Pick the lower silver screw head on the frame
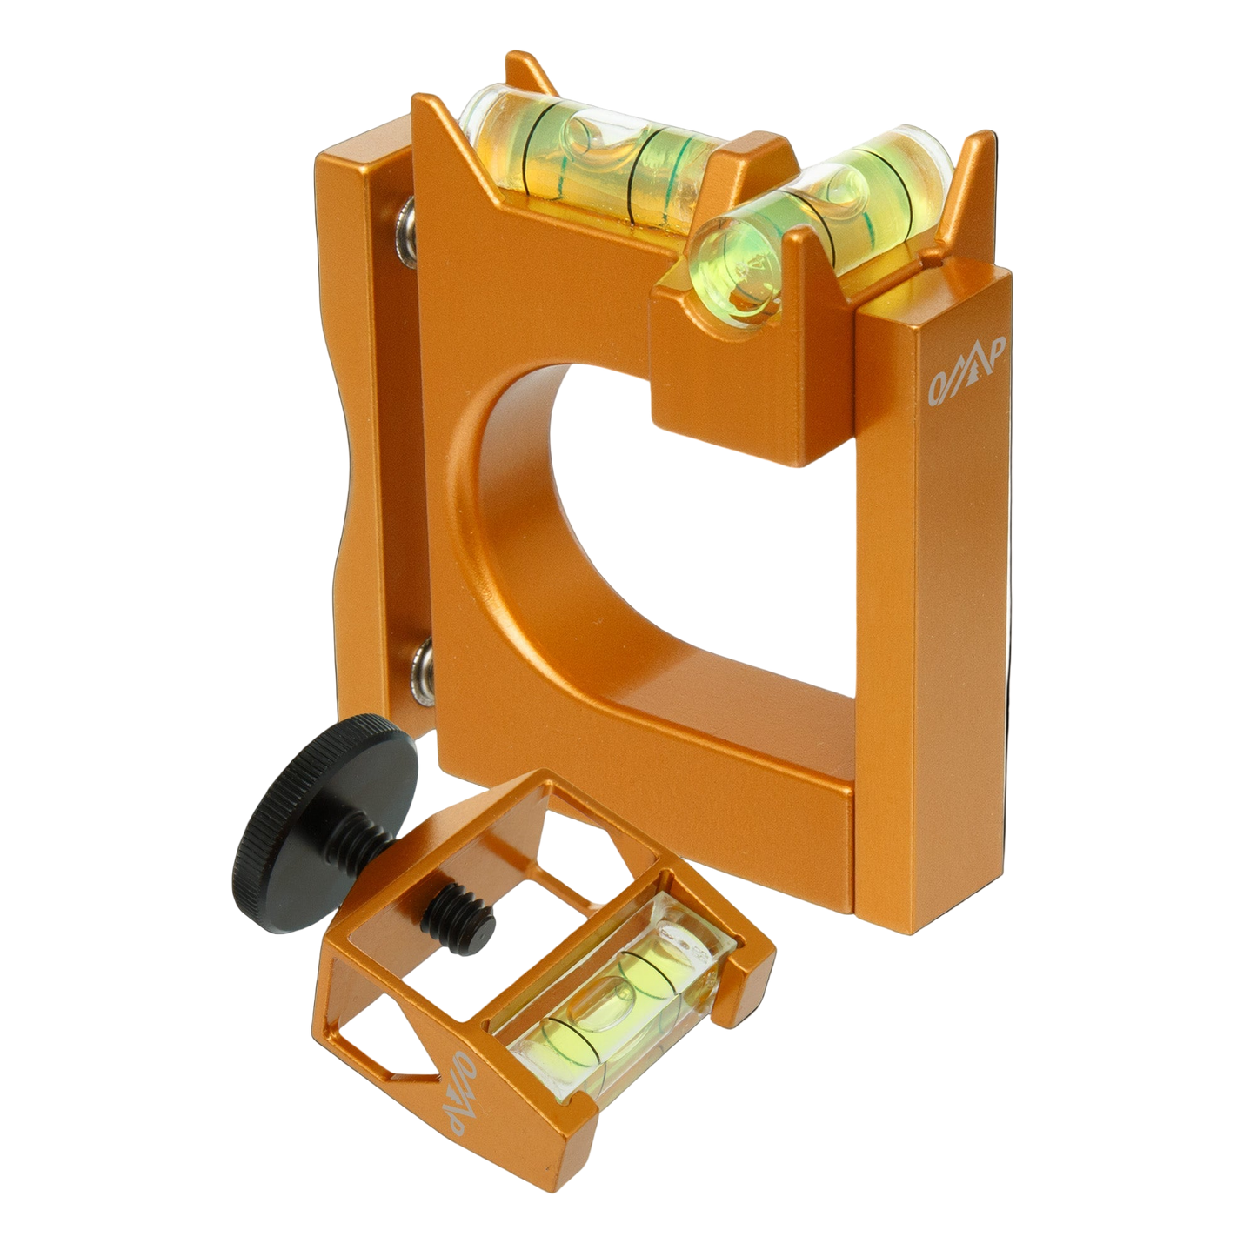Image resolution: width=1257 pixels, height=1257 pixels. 405,659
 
